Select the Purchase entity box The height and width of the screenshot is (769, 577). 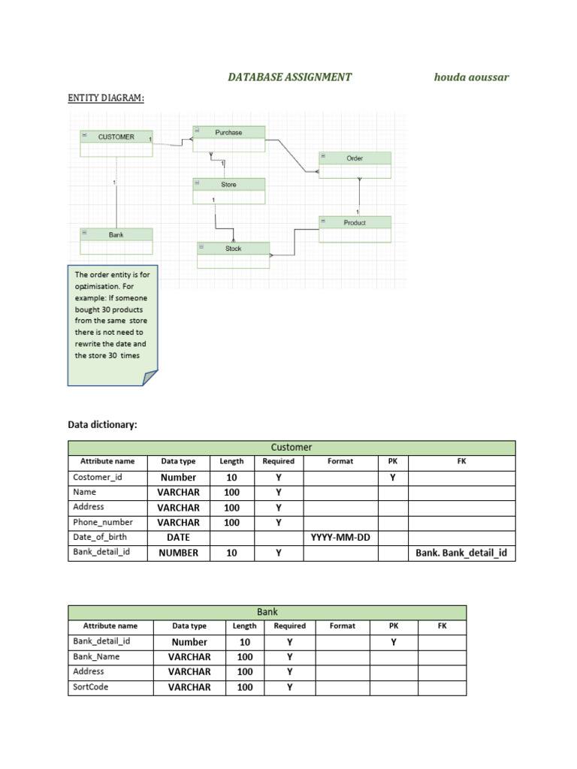tap(229, 138)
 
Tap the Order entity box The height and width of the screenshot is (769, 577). tap(355, 164)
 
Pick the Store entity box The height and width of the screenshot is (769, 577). tap(229, 190)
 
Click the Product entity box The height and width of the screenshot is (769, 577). tap(355, 228)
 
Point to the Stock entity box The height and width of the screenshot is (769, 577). tap(234, 254)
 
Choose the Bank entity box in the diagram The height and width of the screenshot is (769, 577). tap(116, 241)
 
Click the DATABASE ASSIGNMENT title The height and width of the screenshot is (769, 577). tap(290, 77)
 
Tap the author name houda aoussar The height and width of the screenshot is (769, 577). tap(472, 77)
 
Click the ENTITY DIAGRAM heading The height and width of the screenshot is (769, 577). tap(106, 98)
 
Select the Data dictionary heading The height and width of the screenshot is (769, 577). tap(103, 425)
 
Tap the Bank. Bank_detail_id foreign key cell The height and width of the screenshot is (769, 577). tap(462, 553)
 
